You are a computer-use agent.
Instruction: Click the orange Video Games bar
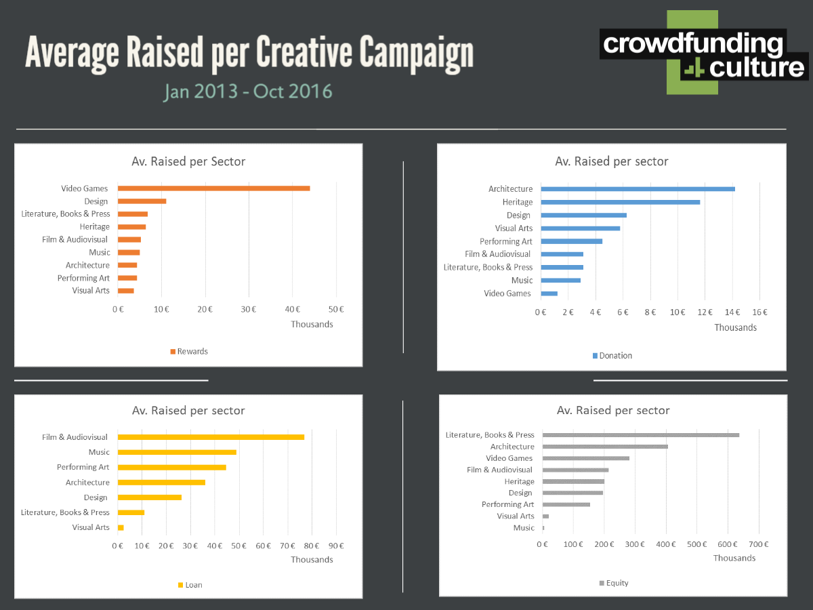213,188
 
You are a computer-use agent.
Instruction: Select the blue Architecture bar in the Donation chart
638,189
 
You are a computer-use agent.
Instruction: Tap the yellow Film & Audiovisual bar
211,437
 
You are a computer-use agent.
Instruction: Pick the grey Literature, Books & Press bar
640,435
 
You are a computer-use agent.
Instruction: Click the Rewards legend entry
189,352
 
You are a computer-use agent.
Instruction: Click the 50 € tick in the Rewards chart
336,310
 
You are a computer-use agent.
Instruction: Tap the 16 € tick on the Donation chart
759,312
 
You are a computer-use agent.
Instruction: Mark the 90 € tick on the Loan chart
336,546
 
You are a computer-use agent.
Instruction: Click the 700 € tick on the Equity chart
758,544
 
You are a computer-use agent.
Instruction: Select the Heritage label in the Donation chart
518,202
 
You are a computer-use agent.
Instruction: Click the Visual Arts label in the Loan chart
91,527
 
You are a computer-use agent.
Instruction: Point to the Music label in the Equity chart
524,527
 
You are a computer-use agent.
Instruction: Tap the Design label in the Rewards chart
96,201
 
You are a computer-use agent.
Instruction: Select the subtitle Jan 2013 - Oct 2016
248,91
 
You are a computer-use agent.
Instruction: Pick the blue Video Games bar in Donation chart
549,293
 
